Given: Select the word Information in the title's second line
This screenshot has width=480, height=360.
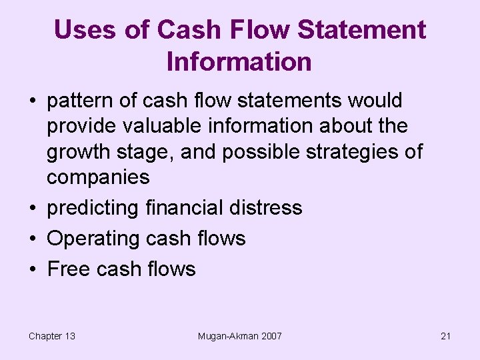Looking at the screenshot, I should coord(239,61).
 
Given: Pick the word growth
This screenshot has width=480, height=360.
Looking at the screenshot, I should coord(75,152).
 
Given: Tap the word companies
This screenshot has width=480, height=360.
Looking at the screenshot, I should coord(98,177).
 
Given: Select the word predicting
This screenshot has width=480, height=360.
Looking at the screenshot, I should coord(93,208).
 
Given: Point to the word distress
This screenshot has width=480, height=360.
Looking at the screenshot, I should coord(268,208).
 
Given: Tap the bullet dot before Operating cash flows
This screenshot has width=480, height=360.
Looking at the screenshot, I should coord(33,239).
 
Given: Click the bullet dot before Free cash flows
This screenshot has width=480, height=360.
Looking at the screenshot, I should coord(33,269).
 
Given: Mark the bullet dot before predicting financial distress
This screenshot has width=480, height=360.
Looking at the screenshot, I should coord(33,208).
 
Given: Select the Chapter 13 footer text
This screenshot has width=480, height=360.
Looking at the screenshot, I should coord(52,336).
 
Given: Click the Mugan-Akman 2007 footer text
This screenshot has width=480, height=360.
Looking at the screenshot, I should coord(240,336).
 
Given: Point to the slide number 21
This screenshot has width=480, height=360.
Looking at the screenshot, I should coord(446,336).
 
